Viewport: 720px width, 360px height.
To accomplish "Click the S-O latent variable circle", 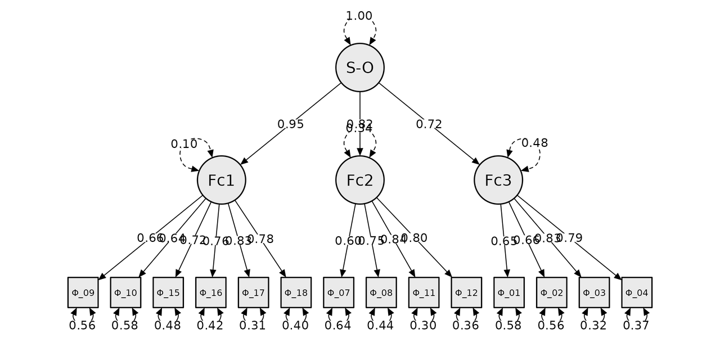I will [359, 67].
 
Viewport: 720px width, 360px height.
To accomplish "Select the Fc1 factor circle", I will [221, 180].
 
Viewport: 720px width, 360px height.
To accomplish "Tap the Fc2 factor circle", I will [359, 180].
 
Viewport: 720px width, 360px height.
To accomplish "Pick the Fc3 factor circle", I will [498, 180].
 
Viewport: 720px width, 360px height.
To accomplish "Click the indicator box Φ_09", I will [83, 292].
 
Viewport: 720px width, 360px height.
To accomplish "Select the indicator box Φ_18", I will [296, 292].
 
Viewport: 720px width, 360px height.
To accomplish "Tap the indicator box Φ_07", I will [339, 292].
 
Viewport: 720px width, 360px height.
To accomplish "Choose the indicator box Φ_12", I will [466, 292].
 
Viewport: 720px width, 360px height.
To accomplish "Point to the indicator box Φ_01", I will [509, 292].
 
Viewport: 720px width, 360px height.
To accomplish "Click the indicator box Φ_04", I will [637, 292].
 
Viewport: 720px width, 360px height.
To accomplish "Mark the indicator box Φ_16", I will [211, 292].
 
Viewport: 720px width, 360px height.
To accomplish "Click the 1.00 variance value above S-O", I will [359, 16].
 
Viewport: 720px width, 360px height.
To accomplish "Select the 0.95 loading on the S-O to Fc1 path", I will [291, 124].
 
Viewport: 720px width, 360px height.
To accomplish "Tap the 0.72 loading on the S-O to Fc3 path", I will [429, 124].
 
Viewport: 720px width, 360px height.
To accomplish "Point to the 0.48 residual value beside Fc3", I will [534, 143].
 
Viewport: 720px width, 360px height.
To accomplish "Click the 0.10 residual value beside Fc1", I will [184, 144].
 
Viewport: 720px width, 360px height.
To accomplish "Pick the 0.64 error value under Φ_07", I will [338, 326].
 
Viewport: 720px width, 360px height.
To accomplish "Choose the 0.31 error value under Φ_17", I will [253, 326].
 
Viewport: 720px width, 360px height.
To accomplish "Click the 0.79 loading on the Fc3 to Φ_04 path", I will [569, 238].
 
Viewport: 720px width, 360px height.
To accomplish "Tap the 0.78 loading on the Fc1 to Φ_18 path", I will [260, 239].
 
